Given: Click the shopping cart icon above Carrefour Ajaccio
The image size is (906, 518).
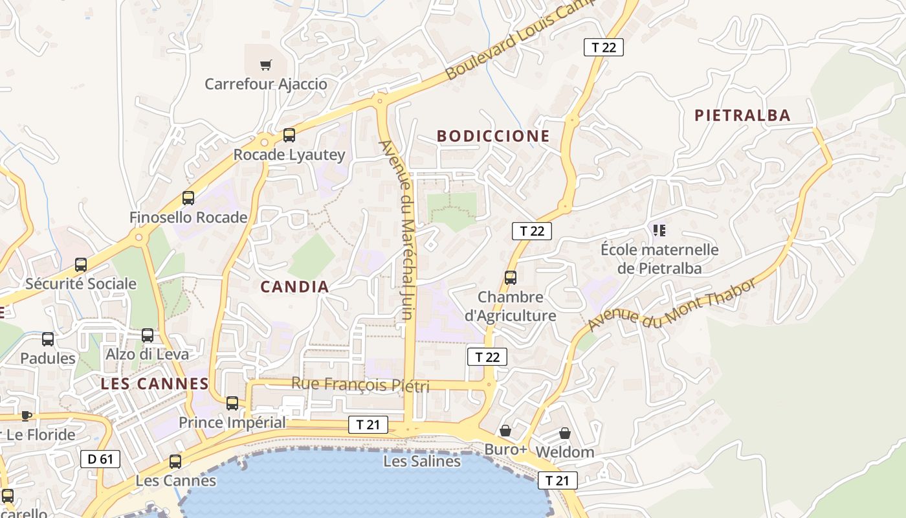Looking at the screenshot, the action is point(265,65).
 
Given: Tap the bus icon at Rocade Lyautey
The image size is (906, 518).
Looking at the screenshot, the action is point(289,135).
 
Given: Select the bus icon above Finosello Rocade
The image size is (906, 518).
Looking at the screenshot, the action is point(188,198).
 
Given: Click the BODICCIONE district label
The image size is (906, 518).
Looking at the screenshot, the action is point(493,136).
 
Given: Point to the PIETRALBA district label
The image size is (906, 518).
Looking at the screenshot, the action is point(742,115).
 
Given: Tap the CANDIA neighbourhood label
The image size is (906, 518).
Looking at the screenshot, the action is point(294,287).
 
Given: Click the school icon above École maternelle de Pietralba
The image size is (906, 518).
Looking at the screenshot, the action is point(659,230).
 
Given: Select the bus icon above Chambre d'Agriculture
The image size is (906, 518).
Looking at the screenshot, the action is point(511,278).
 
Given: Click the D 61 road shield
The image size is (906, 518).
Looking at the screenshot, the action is point(100,459).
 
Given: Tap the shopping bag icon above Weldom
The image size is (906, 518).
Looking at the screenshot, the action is point(565,433).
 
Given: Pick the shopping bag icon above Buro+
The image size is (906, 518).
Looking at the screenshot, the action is point(505,431).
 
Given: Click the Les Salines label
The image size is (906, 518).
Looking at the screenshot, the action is point(422,461).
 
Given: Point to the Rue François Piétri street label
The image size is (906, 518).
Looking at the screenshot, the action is point(360,384).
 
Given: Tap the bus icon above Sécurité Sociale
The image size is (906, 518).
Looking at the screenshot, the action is point(81,264).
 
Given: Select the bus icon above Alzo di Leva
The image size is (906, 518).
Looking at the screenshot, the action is point(148,335).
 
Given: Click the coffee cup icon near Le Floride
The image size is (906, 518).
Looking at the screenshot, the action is point(26,415).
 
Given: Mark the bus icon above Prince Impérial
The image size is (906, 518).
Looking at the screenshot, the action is point(232,403).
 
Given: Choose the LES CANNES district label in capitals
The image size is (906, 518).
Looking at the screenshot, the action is point(155,383).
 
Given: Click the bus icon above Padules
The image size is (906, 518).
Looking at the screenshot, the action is point(48,339).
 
